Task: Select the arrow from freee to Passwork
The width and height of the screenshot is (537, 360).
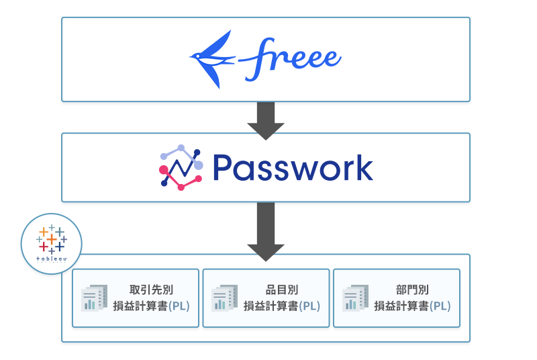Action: point(266,119)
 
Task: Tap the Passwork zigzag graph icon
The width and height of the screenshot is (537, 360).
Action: point(181,167)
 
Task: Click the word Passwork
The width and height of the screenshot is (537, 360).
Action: point(292,168)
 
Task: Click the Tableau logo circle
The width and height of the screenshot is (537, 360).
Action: point(52,243)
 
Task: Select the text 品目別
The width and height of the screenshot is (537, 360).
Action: point(282,290)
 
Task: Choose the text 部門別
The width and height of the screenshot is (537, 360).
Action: point(412,290)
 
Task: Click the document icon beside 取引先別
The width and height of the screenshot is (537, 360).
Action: point(94,298)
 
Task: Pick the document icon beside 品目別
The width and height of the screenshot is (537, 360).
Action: point(224,298)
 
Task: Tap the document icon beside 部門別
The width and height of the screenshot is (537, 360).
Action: point(355,298)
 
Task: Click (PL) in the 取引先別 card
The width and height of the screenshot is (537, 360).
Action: point(179,306)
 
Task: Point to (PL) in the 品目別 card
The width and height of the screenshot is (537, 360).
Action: point(309,306)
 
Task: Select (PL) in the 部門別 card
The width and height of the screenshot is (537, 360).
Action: point(440,306)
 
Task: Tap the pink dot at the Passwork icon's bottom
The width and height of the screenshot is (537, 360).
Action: point(181,187)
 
